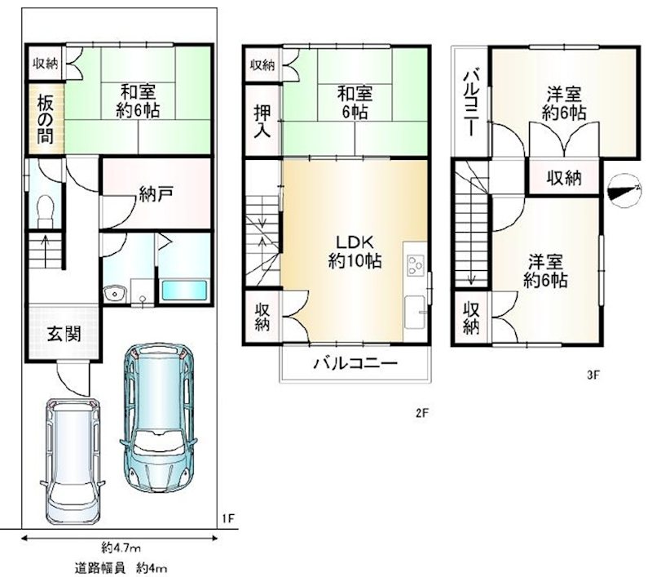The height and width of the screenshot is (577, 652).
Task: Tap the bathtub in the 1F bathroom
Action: point(184,291)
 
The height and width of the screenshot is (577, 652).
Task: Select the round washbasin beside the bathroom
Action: point(113,294)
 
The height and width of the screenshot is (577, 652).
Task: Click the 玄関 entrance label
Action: point(64,334)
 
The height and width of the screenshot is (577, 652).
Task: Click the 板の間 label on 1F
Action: point(45,119)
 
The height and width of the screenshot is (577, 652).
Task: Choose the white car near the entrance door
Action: point(73,461)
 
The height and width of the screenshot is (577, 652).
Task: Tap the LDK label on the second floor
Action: point(355,242)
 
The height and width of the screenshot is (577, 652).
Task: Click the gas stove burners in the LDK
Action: point(416,265)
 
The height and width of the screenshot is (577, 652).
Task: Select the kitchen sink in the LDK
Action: point(416,312)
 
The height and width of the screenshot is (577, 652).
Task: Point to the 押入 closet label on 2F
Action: point(262,121)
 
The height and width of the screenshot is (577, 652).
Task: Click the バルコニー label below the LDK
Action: point(355,363)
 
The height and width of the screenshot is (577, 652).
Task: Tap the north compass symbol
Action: point(624,192)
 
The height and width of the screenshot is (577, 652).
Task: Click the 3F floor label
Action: point(593,375)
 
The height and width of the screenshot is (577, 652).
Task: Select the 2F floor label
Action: point(421,413)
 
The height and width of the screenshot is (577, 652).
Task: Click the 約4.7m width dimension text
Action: point(121,548)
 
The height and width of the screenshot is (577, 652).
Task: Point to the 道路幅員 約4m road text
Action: point(121,568)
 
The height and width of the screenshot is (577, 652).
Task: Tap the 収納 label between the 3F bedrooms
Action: point(564,178)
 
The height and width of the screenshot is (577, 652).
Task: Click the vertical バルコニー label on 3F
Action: point(472,104)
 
